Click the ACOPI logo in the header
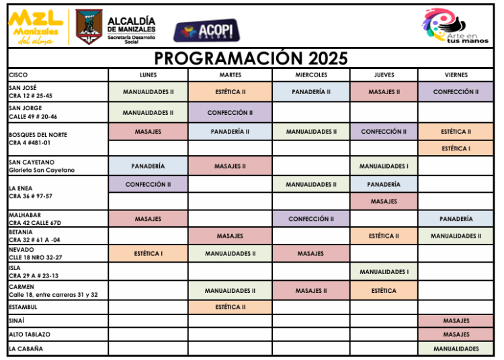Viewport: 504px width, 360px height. (x=207, y=30)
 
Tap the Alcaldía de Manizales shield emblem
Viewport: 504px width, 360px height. (x=89, y=26)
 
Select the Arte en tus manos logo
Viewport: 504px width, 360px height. (x=455, y=25)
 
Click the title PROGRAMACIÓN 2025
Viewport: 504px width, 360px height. (x=251, y=58)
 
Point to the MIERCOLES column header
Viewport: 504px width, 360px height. (x=311, y=75)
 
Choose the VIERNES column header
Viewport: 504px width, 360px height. (x=456, y=75)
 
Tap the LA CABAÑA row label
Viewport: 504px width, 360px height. (x=26, y=349)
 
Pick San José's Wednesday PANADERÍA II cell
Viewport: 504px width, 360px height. (x=311, y=92)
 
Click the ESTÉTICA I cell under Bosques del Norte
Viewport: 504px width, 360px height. (x=456, y=148)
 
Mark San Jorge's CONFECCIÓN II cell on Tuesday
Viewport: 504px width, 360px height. (x=230, y=113)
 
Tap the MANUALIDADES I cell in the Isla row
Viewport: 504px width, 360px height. (x=384, y=272)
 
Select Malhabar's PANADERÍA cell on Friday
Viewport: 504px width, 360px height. (x=456, y=219)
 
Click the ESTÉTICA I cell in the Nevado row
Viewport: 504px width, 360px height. (x=149, y=253)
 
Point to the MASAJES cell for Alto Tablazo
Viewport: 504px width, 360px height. (x=456, y=334)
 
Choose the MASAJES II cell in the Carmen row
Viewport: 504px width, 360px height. (x=311, y=291)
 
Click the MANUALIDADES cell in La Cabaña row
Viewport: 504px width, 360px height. (x=456, y=349)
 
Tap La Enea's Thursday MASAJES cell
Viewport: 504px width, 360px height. (x=384, y=201)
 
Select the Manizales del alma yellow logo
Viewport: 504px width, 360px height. (x=36, y=27)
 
